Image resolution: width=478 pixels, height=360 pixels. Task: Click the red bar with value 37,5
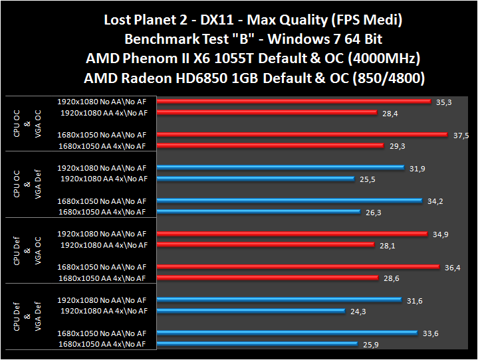302,135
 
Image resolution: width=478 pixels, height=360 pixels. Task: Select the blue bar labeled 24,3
251,311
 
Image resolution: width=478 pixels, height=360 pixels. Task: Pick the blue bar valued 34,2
290,201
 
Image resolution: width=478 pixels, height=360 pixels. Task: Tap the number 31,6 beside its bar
414,301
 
